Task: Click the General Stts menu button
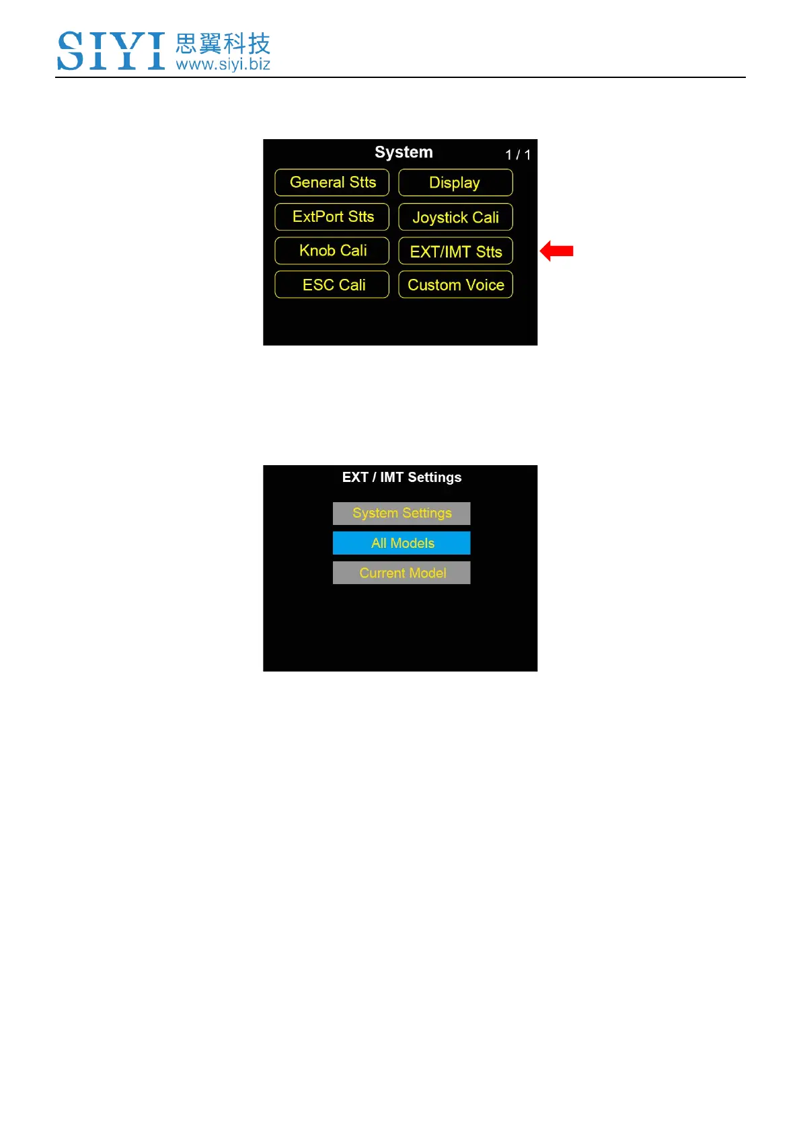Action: point(332,183)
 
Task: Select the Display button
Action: point(455,183)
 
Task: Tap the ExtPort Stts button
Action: point(332,217)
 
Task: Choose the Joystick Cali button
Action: point(455,217)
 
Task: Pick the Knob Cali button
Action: point(332,251)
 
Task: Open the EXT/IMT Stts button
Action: point(455,251)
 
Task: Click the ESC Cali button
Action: point(332,284)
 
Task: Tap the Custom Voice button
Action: point(455,284)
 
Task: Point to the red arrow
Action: point(556,251)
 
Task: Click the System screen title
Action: point(404,153)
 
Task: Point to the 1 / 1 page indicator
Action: point(518,155)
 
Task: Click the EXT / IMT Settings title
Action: point(402,477)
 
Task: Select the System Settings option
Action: point(402,514)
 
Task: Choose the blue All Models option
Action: point(402,543)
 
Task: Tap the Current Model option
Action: point(402,573)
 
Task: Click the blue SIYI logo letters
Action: point(111,50)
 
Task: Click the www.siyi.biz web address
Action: point(223,65)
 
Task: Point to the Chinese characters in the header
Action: point(223,44)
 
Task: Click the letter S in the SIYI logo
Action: point(71,50)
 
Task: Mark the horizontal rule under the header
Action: point(400,77)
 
